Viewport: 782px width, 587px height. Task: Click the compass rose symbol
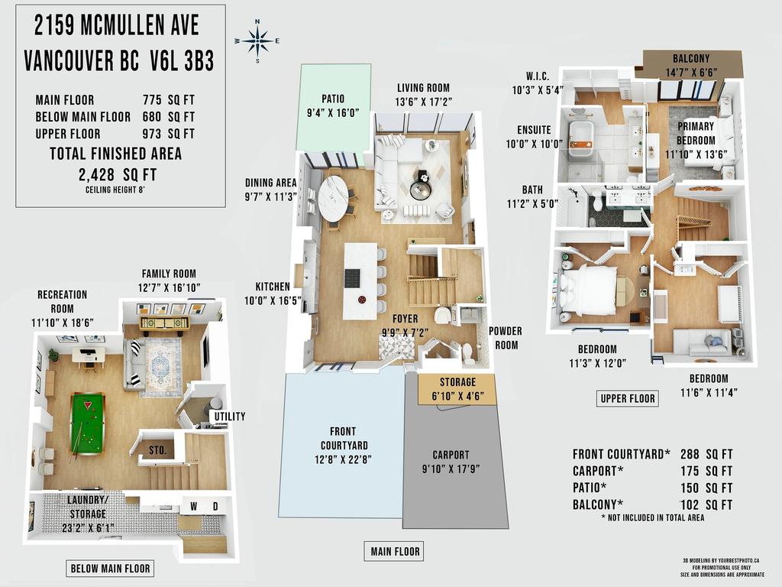point(257,41)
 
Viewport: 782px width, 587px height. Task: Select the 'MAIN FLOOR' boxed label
point(395,551)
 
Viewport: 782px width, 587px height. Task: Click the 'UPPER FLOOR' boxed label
point(627,398)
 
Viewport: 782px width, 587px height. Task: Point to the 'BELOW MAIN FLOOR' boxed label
point(110,568)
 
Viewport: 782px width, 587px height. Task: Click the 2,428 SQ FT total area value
point(116,174)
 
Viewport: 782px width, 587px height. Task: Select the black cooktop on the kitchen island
point(353,278)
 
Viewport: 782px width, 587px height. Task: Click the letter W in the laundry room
point(193,506)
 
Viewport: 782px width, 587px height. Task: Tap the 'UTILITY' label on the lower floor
point(230,417)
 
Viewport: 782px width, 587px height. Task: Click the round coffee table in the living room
point(421,188)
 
